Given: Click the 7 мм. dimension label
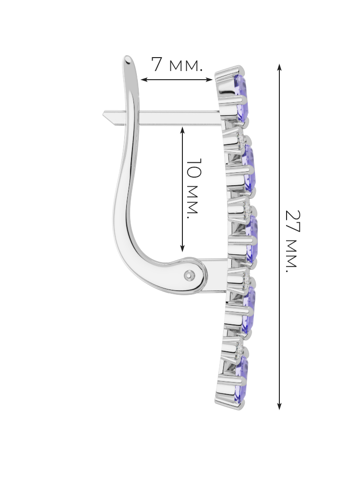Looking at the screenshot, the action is coord(177,65).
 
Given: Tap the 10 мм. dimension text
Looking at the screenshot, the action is coord(193,188).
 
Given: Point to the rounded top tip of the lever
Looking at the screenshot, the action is coord(128,59).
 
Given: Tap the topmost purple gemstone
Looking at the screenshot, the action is coord(241,97).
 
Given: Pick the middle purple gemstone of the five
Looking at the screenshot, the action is coord(252,239).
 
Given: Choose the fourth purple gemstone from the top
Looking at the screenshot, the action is coord(249,310).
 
